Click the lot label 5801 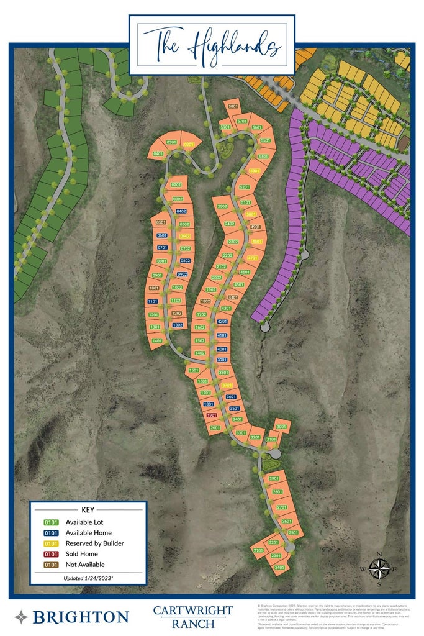(x=233, y=107)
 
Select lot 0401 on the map (x=158, y=153)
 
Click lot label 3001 (x=282, y=427)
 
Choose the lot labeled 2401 (x=279, y=567)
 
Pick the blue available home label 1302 (x=178, y=325)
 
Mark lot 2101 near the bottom (x=259, y=550)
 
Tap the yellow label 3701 (x=227, y=385)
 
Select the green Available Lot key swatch (x=52, y=522)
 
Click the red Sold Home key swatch (x=52, y=554)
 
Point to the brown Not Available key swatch (x=52, y=565)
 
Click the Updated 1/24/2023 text (x=88, y=578)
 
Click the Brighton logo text (x=79, y=617)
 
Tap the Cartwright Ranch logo (x=192, y=616)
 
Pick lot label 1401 (x=156, y=341)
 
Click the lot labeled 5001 (x=251, y=214)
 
